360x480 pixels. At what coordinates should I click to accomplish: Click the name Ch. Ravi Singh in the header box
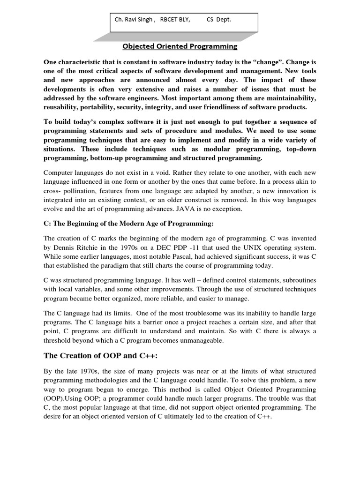(x=134, y=20)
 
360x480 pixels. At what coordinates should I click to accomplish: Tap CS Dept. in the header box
(x=218, y=20)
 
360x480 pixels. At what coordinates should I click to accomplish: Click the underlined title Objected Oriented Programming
(x=180, y=46)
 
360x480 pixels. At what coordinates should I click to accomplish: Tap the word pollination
(x=82, y=191)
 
